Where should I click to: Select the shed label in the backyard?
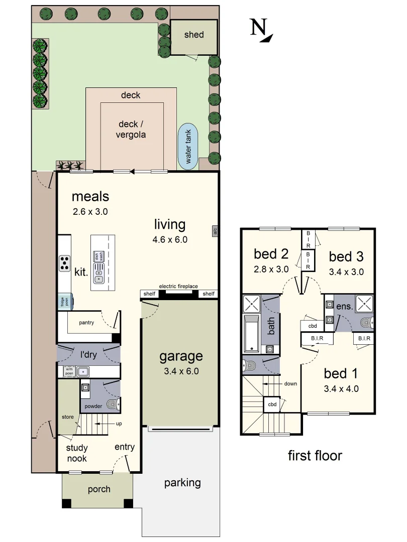[x=194, y=35]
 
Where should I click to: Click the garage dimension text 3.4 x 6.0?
[x=181, y=371]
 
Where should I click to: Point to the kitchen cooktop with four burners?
[x=64, y=263]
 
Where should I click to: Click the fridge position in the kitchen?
[x=65, y=302]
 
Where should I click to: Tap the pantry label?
[x=86, y=323]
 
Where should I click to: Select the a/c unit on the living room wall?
[x=215, y=231]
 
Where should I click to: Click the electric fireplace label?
[x=178, y=286]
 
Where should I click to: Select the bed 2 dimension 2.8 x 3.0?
[x=271, y=269]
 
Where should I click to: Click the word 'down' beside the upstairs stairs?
[x=290, y=384]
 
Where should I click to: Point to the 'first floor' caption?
[x=315, y=456]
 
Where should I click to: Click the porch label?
[x=99, y=489]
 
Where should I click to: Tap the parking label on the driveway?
[x=182, y=483]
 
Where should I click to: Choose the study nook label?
[x=76, y=453]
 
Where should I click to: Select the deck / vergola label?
[x=132, y=129]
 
